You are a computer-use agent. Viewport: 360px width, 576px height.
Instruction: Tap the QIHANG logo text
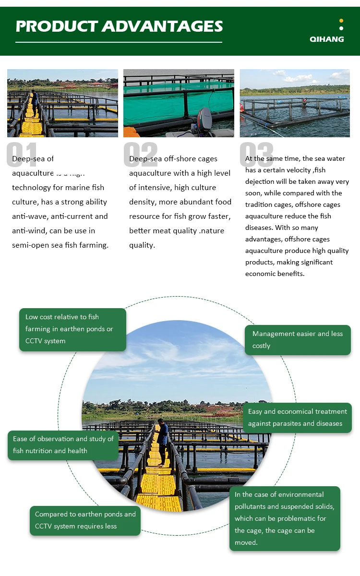tap(327, 39)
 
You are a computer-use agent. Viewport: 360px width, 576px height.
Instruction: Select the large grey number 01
tap(21, 155)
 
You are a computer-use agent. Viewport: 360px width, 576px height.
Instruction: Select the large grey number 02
tap(140, 155)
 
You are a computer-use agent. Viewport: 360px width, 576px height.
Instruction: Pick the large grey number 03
tap(256, 155)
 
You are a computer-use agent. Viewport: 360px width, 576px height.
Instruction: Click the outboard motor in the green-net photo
tap(204, 120)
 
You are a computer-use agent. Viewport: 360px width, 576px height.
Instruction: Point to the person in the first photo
tap(35, 102)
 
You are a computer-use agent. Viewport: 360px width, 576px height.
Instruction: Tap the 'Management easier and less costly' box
tap(298, 340)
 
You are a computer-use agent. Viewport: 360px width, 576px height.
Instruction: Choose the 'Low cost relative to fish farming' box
tap(72, 329)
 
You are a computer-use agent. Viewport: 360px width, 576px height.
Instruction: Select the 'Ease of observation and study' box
tap(63, 445)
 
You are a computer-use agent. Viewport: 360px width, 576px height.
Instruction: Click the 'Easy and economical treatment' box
tap(298, 418)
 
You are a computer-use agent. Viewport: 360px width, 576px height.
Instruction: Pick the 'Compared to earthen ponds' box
tap(85, 520)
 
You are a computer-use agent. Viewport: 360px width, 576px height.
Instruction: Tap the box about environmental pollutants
tap(285, 518)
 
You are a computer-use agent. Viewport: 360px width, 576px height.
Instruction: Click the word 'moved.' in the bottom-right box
tap(246, 543)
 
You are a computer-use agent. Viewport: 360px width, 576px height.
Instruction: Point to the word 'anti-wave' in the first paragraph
tap(31, 216)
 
